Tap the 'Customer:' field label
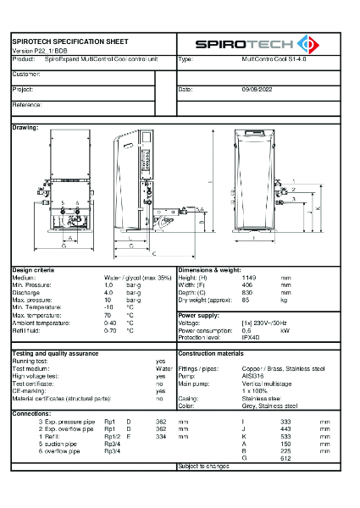tap(26, 75)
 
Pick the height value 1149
tap(249, 277)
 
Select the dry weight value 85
tap(246, 300)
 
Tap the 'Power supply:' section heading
tap(200, 315)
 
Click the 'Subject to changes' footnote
tap(204, 466)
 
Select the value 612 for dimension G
tap(285, 458)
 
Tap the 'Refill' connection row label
tap(57, 436)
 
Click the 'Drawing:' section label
tap(25, 127)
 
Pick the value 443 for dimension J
tap(285, 428)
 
